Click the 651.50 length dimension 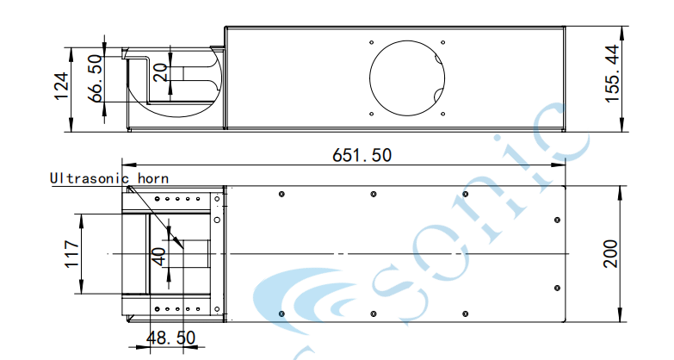tap(362, 155)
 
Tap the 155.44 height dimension tap(613, 73)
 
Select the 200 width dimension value tap(610, 254)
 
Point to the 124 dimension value tap(61, 86)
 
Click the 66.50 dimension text tap(95, 78)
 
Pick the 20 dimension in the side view tap(159, 72)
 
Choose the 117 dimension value tap(71, 254)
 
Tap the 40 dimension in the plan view tap(158, 257)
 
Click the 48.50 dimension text tap(170, 338)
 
